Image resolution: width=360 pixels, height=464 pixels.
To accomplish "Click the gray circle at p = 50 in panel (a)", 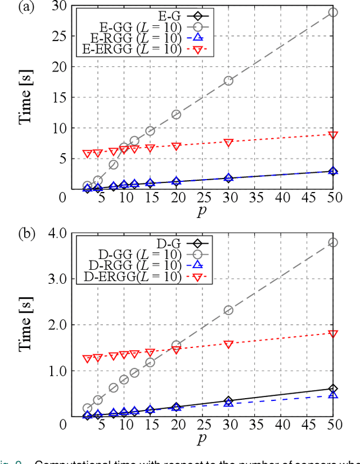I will point(333,12).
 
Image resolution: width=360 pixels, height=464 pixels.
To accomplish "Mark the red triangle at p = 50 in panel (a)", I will point(333,135).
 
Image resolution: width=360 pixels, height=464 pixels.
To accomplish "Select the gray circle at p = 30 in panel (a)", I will point(228,81).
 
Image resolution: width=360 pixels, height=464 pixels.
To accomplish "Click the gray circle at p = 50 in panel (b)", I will point(333,242).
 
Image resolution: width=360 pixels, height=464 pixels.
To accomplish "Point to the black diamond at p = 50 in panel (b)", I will point(333,389).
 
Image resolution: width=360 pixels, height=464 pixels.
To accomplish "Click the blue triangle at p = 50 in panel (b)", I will point(333,395).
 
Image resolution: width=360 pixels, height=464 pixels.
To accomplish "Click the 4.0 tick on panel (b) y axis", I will point(56,233).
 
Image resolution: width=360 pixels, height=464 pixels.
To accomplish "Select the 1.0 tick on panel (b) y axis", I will point(56,371).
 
